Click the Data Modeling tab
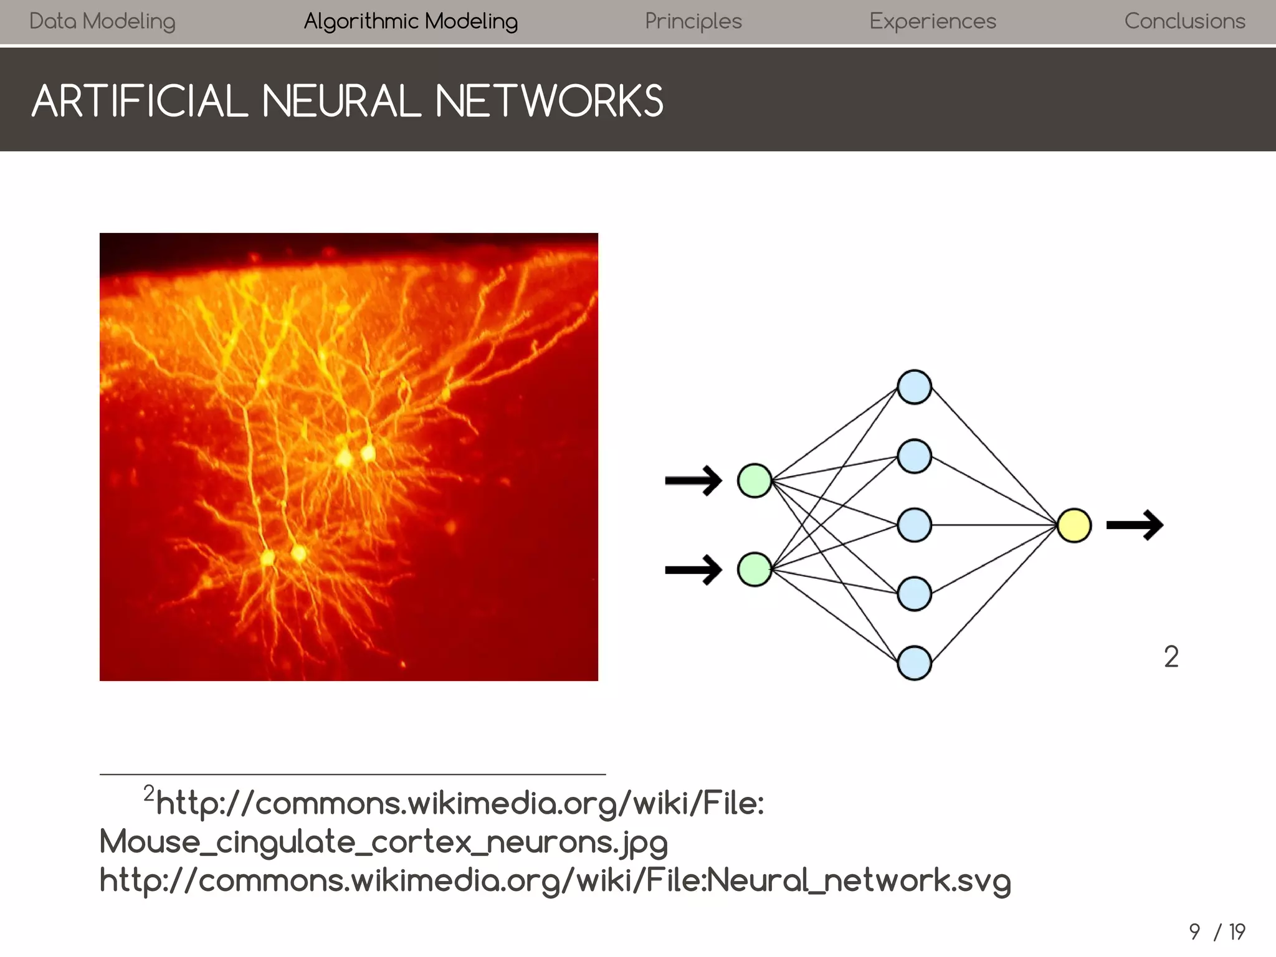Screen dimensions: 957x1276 (102, 21)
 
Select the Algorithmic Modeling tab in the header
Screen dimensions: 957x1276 (411, 21)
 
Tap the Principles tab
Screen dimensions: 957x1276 (693, 21)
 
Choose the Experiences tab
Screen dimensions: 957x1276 (933, 21)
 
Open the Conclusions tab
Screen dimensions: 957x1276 (1184, 21)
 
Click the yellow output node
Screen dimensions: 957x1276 (1074, 525)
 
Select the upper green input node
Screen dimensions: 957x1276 (755, 480)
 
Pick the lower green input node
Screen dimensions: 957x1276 (755, 569)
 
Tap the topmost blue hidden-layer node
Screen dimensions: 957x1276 (914, 387)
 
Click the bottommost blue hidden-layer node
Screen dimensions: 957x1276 (914, 663)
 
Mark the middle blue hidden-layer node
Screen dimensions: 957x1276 (914, 525)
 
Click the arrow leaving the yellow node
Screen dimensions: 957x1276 (1135, 525)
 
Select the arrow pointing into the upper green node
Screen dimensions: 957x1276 (693, 480)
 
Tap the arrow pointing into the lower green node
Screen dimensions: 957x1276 (693, 569)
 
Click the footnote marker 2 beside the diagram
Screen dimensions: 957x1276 (1171, 657)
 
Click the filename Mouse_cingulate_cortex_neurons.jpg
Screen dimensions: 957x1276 (383, 842)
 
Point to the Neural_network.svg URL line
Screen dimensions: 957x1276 (555, 880)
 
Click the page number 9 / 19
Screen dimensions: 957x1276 (1216, 931)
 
